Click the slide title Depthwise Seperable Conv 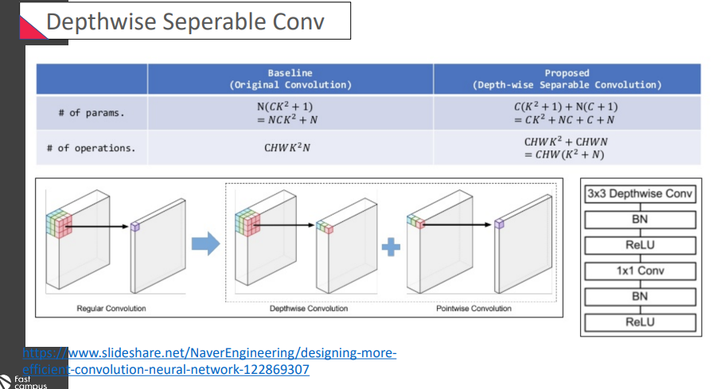click(x=185, y=21)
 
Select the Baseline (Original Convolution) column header click(x=290, y=78)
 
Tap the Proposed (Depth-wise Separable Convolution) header click(x=567, y=78)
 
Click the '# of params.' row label click(x=92, y=113)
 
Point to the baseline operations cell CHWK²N click(x=290, y=147)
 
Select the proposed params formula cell click(x=566, y=113)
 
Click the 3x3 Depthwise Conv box click(x=641, y=193)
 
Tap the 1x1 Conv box click(x=641, y=270)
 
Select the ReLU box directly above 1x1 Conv click(x=641, y=245)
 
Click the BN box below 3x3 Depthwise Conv click(x=641, y=219)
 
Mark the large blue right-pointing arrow click(x=206, y=246)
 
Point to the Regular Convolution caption click(x=111, y=308)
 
